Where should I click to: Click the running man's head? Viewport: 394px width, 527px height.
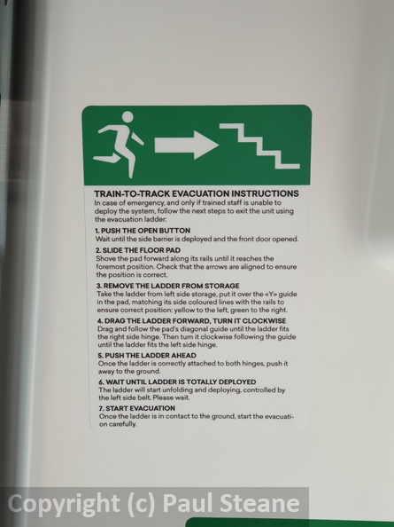click(x=127, y=117)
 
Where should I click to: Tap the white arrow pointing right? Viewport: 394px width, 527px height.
click(x=187, y=146)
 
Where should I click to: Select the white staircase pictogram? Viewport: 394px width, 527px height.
click(x=259, y=146)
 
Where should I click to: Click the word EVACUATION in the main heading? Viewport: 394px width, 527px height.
click(x=200, y=193)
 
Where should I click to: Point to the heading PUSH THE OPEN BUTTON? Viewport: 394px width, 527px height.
click(x=145, y=231)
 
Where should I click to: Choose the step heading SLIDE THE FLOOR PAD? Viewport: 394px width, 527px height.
click(x=141, y=250)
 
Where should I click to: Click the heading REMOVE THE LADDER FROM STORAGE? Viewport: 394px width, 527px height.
click(x=171, y=286)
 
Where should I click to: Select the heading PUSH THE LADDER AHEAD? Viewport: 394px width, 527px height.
click(x=151, y=355)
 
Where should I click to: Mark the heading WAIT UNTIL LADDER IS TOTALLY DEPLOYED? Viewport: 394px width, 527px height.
click(x=181, y=381)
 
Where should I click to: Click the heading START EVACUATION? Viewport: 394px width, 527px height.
click(x=140, y=408)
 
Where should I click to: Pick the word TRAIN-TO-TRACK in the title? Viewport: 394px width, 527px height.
click(x=132, y=193)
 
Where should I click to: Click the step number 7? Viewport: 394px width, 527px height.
click(x=101, y=408)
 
